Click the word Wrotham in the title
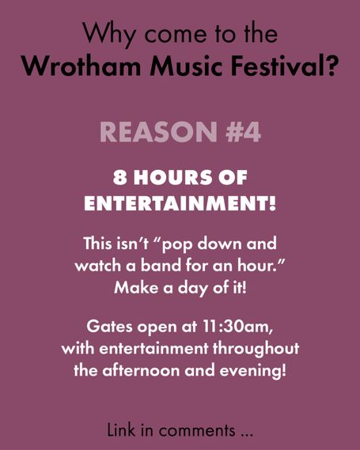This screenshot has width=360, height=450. click(81, 66)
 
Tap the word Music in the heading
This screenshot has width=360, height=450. click(186, 66)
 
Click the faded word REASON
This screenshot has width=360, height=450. click(158, 132)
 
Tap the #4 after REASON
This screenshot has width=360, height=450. click(243, 132)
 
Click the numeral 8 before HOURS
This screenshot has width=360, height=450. click(119, 177)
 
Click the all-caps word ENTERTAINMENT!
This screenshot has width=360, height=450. click(180, 203)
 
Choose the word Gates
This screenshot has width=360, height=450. click(110, 327)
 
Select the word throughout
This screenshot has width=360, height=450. click(256, 350)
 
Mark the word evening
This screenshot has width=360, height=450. click(253, 372)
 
